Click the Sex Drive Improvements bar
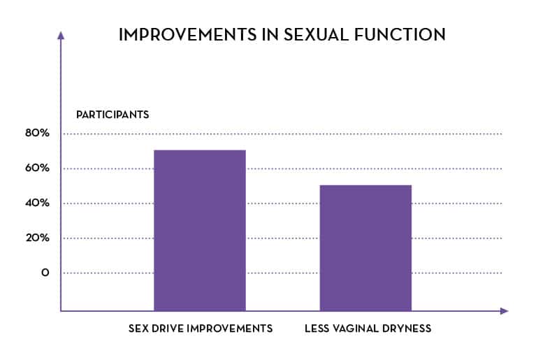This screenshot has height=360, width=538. [200, 230]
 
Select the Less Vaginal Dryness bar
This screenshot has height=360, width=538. [365, 247]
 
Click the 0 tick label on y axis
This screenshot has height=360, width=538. [45, 273]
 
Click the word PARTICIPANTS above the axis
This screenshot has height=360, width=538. [112, 114]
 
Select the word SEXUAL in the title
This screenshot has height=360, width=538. [315, 35]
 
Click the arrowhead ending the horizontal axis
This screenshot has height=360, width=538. [504, 310]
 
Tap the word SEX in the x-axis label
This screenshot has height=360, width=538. [138, 329]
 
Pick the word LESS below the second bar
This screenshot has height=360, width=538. [317, 329]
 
